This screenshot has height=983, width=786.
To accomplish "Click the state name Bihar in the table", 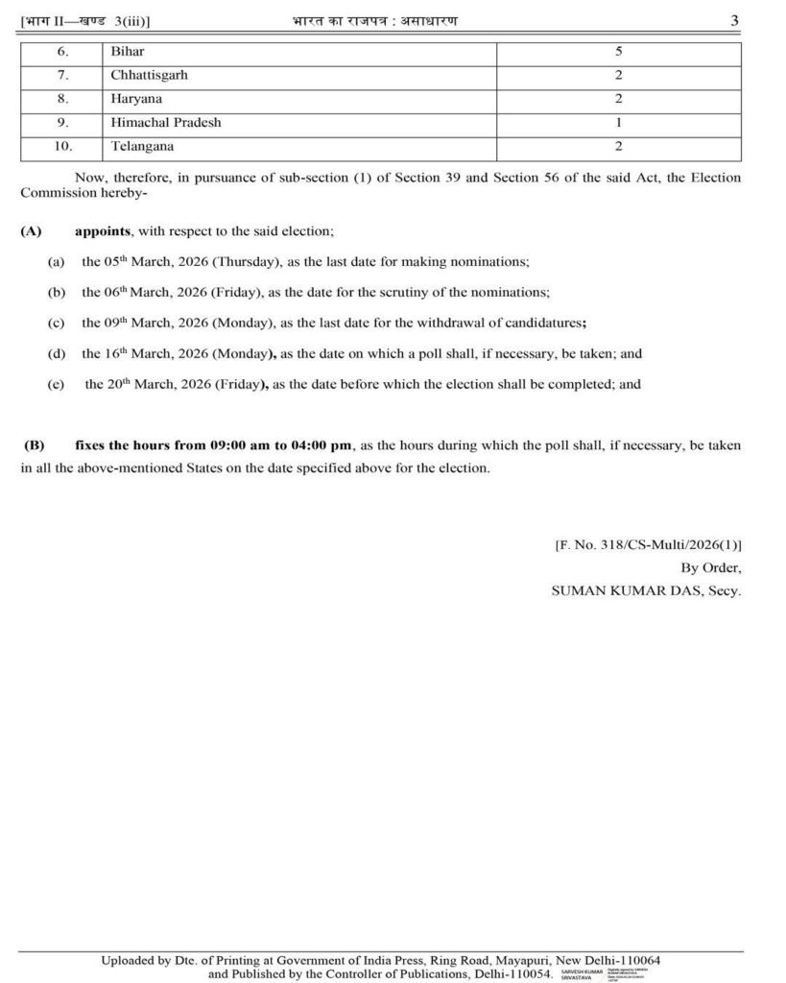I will click(128, 51).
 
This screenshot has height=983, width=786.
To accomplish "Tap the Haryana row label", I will click(135, 99).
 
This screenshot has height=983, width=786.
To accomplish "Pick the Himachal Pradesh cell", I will click(165, 123).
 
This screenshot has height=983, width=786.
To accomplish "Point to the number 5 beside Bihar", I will click(619, 51).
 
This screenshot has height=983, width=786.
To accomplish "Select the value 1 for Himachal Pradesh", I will click(619, 123).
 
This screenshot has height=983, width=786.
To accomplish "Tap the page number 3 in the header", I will click(734, 20).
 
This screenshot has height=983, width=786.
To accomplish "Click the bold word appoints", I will click(104, 232).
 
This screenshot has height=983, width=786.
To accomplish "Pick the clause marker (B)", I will click(35, 445).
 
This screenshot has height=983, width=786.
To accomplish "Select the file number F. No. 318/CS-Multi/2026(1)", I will click(648, 545).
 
